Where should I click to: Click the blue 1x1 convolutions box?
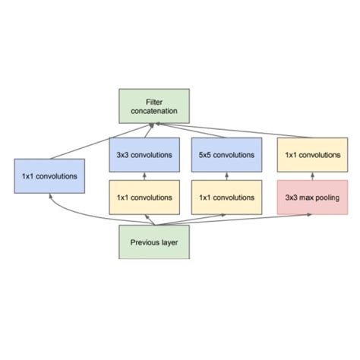pos(49,175)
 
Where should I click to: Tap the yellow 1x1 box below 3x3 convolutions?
pos(144,197)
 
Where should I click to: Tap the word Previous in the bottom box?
pos(141,243)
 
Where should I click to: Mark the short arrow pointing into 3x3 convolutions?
pos(144,176)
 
